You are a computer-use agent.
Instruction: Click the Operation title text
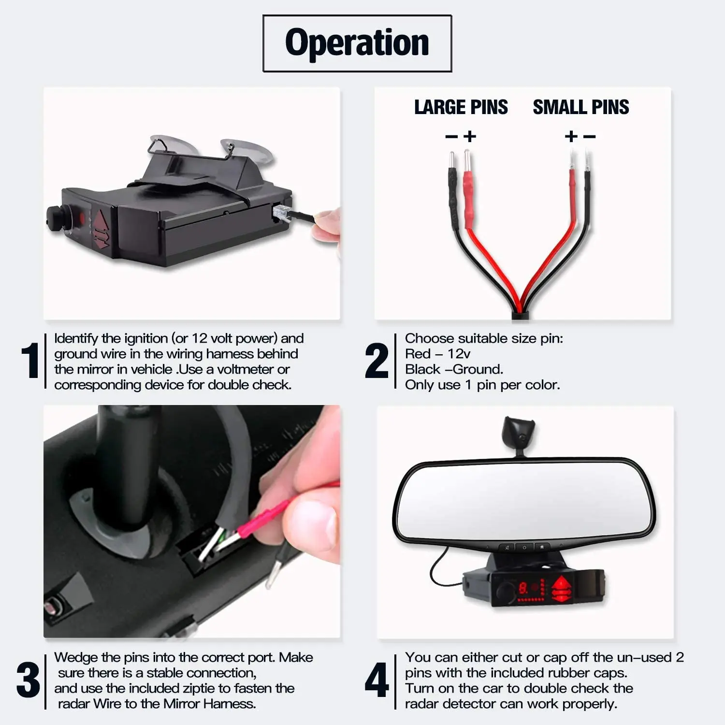[x=357, y=43]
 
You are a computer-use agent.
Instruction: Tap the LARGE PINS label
[x=461, y=107]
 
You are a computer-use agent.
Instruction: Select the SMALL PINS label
[x=581, y=107]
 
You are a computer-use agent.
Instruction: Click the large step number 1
[x=30, y=360]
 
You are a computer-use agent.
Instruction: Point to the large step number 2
[x=377, y=360]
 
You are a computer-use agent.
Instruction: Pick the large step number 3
[x=28, y=680]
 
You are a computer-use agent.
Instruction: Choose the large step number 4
[x=377, y=680]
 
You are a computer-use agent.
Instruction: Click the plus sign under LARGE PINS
[x=469, y=136]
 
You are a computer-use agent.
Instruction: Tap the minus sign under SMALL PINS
[x=589, y=136]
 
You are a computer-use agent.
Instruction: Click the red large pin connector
[x=468, y=191]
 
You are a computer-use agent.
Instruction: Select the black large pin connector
[x=453, y=191]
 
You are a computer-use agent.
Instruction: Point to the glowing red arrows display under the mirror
[x=561, y=589]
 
